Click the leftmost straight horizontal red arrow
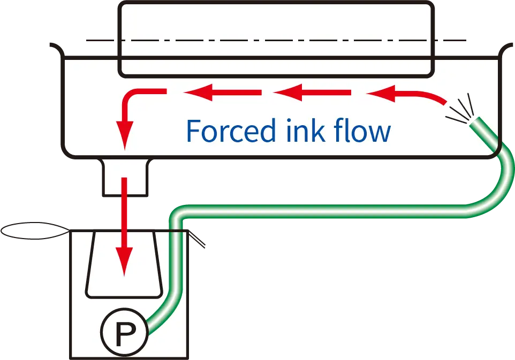click(222, 93)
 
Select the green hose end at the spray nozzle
click(475, 124)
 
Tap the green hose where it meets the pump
click(153, 324)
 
